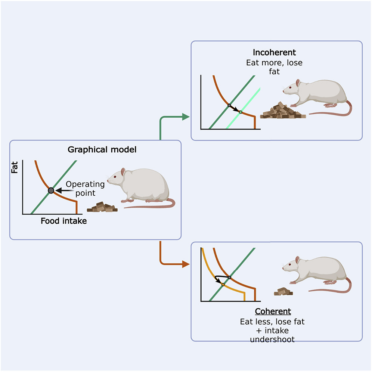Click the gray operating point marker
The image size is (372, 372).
51,190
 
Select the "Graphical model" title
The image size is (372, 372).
102,150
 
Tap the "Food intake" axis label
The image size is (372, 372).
63,221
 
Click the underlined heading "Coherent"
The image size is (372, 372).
273,311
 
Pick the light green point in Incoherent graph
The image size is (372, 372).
241,112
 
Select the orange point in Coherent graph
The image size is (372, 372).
223,285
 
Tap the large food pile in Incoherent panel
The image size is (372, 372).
283,111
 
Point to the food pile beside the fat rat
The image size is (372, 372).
102,207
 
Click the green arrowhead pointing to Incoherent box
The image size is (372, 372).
186,117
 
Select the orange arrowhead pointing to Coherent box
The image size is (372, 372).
186,264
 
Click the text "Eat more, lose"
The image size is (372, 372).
274,62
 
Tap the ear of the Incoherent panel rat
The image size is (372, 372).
298,83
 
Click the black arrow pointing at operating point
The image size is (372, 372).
60,190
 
